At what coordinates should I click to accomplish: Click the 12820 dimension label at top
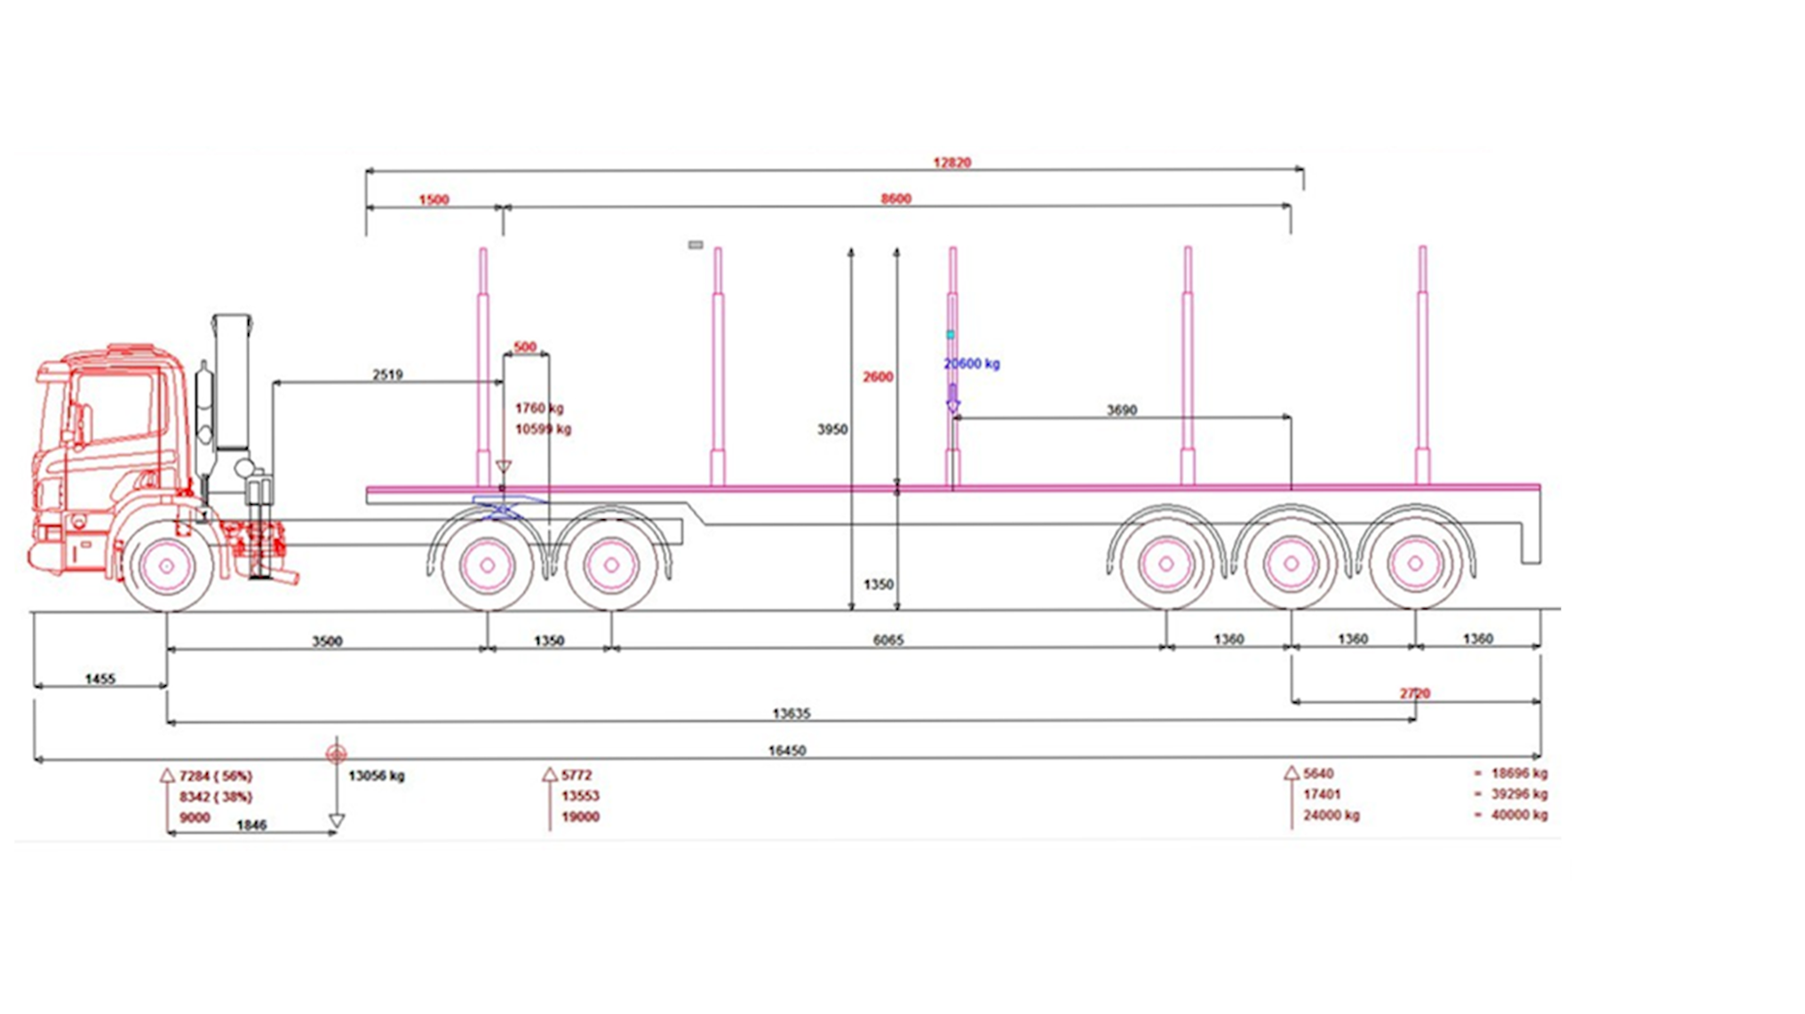point(951,163)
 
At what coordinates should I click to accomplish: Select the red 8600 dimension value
point(895,199)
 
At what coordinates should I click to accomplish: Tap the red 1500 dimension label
point(433,200)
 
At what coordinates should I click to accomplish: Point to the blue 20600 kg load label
point(971,363)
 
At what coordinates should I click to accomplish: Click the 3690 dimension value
point(1121,411)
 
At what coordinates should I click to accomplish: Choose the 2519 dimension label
point(387,375)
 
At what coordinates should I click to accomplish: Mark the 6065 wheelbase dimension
point(888,640)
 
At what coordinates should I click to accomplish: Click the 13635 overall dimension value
point(791,714)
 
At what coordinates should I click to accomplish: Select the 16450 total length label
point(787,751)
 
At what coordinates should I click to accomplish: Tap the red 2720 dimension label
point(1415,693)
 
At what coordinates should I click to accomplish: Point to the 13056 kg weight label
point(376,776)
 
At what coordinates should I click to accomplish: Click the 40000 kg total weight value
point(1519,815)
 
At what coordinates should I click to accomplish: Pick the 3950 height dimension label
point(832,429)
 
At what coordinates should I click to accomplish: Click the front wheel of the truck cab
point(166,566)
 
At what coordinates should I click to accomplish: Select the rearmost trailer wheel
point(1415,563)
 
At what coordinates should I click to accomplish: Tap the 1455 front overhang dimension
point(100,679)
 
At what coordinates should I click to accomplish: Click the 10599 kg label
point(543,429)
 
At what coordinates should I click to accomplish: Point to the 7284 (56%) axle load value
point(216,777)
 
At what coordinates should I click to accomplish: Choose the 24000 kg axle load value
point(1331,816)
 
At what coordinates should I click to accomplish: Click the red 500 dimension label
point(525,347)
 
